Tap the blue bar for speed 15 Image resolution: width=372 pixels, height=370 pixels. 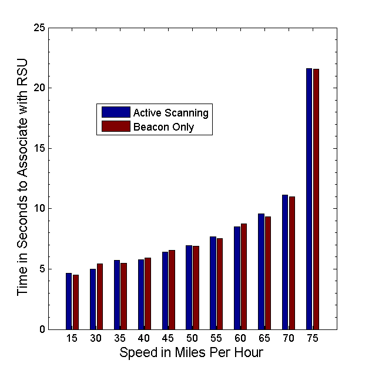[69, 301]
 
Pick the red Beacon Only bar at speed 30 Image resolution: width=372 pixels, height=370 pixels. [100, 296]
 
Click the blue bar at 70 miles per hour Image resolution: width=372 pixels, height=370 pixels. [285, 262]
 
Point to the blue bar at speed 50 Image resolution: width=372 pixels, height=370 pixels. [189, 287]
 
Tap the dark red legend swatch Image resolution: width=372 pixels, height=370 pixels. [116, 126]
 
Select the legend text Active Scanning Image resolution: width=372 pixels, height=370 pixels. [170, 112]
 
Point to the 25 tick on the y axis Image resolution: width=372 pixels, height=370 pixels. [40, 28]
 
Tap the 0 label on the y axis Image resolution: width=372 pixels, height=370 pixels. [42, 329]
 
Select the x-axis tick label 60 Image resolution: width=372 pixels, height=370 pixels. [240, 339]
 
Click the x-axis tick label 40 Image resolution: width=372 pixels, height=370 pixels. [144, 339]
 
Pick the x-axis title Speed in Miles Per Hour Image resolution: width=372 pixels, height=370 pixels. [191, 353]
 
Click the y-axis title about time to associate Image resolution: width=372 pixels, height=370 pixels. [23, 178]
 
